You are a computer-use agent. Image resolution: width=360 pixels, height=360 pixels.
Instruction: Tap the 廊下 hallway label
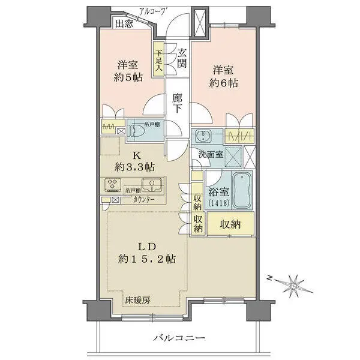tap(178, 103)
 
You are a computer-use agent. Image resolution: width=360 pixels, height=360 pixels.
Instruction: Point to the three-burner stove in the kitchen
tap(113, 184)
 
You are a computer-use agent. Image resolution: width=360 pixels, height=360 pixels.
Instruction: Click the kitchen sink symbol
tap(151, 184)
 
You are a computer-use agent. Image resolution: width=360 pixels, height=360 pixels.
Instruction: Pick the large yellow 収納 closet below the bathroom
tap(230, 224)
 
